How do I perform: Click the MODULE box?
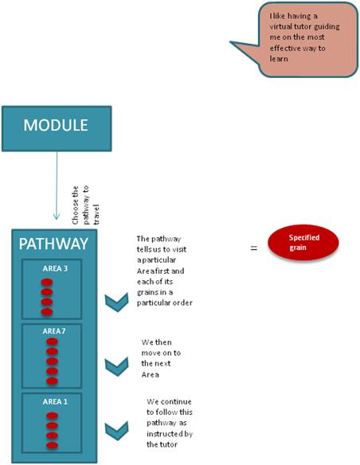(x=57, y=129)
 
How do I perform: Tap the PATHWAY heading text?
(x=53, y=244)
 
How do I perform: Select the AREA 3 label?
(x=55, y=268)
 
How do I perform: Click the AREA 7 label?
(x=54, y=331)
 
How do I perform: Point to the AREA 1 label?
(x=55, y=402)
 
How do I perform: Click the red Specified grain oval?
(x=303, y=243)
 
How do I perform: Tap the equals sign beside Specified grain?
(x=254, y=248)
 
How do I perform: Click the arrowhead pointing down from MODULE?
(x=57, y=216)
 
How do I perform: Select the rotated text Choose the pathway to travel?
(x=85, y=205)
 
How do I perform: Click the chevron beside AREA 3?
(x=116, y=303)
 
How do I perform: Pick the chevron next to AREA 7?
(x=116, y=367)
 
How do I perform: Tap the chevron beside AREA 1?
(x=116, y=431)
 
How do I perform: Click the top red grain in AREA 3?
(x=47, y=282)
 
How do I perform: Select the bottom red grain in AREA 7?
(x=53, y=381)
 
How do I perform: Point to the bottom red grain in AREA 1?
(x=53, y=445)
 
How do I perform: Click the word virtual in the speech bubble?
(x=281, y=27)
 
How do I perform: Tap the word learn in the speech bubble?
(x=279, y=59)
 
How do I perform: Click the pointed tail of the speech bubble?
(x=231, y=42)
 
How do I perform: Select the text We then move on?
(x=161, y=348)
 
